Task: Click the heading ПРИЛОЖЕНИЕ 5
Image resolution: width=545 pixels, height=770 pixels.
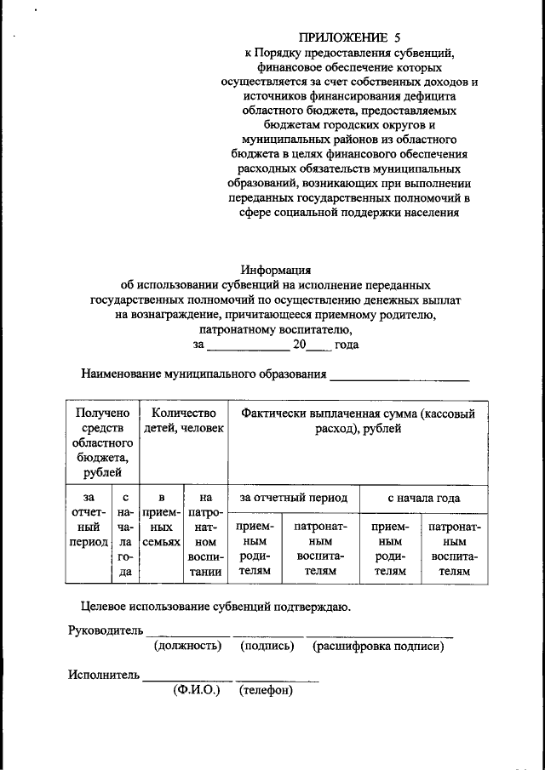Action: click(349, 37)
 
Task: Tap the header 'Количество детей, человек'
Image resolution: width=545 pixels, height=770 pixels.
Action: click(183, 421)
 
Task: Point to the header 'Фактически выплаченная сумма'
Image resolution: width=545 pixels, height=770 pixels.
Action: click(358, 421)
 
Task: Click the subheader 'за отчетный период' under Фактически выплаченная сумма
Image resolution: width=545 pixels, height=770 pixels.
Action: click(293, 498)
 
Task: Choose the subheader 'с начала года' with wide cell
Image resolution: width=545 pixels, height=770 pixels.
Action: click(423, 498)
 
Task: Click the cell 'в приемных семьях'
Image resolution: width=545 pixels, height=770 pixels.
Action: click(161, 518)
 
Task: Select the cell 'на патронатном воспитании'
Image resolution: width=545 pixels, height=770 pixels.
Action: click(204, 533)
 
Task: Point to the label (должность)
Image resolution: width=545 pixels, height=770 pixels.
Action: click(187, 647)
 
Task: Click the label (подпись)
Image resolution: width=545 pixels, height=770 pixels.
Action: click(267, 647)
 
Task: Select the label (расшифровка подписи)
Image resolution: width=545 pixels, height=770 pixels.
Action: click(378, 647)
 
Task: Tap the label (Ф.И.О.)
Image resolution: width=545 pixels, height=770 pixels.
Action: click(196, 690)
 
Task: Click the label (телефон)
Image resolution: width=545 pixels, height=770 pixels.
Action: click(267, 690)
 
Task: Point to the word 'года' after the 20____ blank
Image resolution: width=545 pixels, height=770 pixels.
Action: click(347, 345)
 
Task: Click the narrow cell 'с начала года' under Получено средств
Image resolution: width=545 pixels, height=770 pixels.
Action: click(125, 533)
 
